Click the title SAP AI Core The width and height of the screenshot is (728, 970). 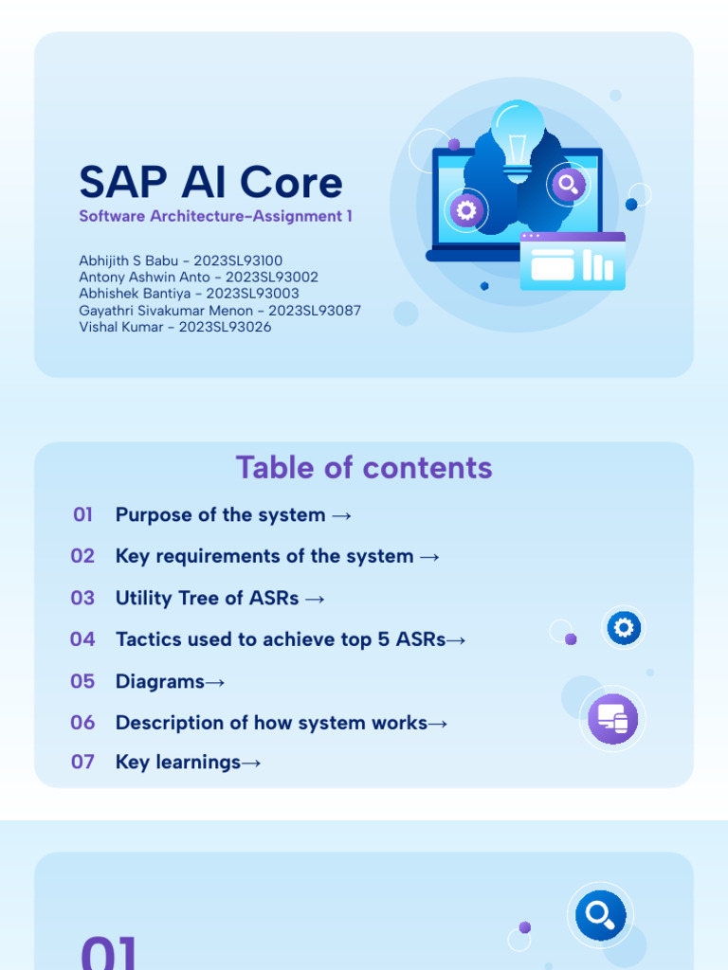coord(210,183)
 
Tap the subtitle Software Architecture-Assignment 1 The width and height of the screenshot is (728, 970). coord(215,216)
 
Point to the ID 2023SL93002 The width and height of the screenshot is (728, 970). coord(272,278)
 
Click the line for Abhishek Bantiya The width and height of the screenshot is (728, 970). coord(189,294)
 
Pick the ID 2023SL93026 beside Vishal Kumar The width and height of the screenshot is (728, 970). coord(225,327)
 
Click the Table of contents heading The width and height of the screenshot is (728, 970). coord(364,468)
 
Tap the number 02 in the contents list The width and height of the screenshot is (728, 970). coord(83,556)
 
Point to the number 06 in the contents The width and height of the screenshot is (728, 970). coord(83,723)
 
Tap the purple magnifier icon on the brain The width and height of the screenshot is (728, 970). coord(568,184)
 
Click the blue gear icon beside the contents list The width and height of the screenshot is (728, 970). coord(624,627)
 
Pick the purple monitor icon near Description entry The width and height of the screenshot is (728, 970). coord(612,719)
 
